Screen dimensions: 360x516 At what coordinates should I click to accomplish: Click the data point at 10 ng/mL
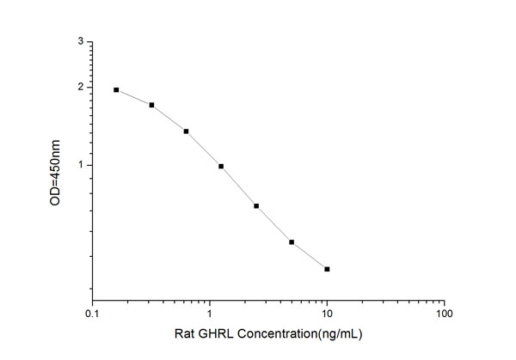(327, 269)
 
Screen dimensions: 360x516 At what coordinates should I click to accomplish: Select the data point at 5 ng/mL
(292, 242)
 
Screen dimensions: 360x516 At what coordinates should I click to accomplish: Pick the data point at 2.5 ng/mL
(256, 206)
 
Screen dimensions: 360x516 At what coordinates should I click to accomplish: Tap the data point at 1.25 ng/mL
(221, 167)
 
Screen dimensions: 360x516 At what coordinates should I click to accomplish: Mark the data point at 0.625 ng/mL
(186, 131)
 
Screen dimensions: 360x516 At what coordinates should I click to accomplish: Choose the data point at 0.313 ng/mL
(151, 105)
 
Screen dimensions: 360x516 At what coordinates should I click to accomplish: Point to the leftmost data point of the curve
(116, 89)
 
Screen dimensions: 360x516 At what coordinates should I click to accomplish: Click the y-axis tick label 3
(80, 41)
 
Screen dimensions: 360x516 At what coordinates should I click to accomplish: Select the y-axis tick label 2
(80, 87)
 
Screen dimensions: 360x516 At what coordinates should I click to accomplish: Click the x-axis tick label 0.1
(92, 314)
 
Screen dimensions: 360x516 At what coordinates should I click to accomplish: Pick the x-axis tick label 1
(210, 314)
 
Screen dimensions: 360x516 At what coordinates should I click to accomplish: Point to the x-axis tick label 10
(327, 314)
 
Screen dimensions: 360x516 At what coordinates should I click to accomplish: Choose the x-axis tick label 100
(444, 314)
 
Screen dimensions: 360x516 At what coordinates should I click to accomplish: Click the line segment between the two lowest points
(310, 256)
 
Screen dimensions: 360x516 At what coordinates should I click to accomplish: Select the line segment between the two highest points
(133, 97)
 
